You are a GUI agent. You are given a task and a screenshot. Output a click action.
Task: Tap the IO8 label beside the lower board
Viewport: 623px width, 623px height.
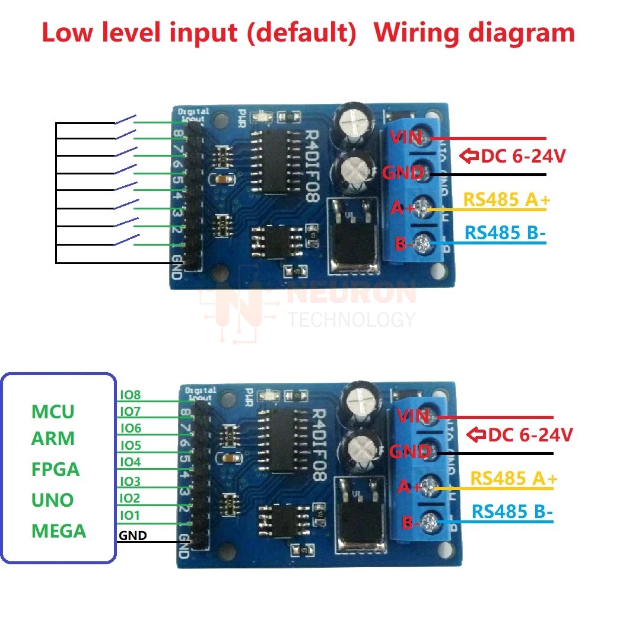pyautogui.click(x=130, y=394)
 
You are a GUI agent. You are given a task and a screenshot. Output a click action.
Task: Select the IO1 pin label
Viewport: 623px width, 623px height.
pyautogui.click(x=130, y=515)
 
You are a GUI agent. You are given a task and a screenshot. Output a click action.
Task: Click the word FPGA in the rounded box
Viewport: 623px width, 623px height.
pyautogui.click(x=55, y=469)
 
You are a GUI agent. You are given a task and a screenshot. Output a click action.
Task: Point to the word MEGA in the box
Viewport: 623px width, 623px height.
pyautogui.click(x=59, y=530)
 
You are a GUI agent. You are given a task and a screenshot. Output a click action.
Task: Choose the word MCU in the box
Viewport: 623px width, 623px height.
pyautogui.click(x=53, y=411)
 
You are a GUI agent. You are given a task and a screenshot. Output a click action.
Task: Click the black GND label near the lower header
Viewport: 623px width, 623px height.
pyautogui.click(x=133, y=536)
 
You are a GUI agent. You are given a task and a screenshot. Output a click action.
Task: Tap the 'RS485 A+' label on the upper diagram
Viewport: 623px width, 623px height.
pyautogui.click(x=506, y=200)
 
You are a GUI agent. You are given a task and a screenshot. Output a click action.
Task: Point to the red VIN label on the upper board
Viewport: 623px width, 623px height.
pyautogui.click(x=406, y=138)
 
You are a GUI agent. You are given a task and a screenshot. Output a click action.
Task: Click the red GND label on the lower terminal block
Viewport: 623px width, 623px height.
pyautogui.click(x=410, y=452)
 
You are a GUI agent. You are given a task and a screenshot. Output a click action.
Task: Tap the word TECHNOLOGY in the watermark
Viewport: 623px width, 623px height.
pyautogui.click(x=351, y=319)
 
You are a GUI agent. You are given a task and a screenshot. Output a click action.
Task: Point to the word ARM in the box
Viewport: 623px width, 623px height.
pyautogui.click(x=53, y=439)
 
